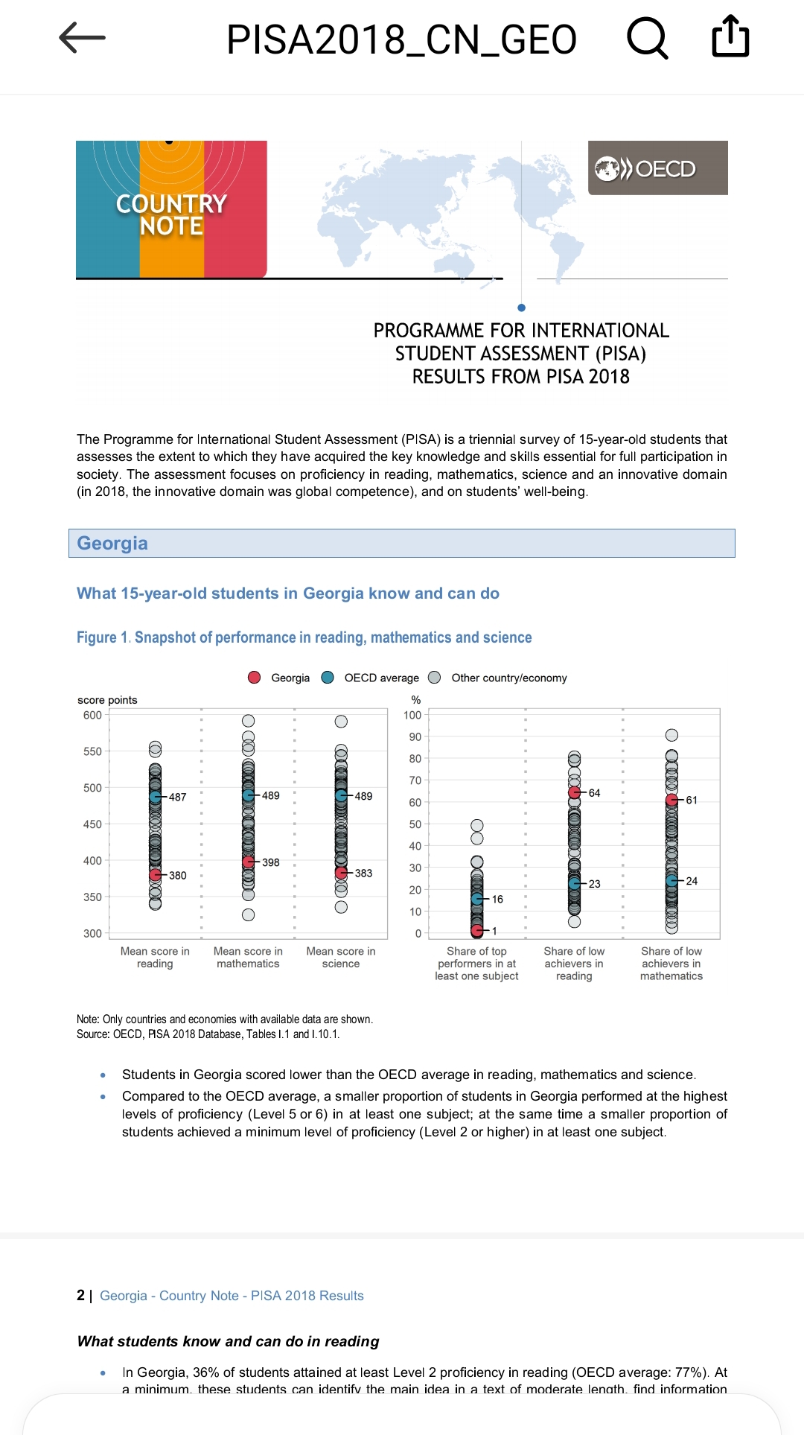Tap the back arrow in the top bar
coord(82,37)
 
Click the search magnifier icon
coord(647,37)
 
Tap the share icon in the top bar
coord(730,36)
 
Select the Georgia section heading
coord(112,543)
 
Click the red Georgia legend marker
coord(255,677)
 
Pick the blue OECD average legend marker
coord(328,677)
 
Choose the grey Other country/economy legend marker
coord(435,677)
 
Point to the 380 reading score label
coord(178,875)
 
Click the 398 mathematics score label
coord(271,862)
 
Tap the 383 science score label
coord(363,873)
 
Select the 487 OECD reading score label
coord(178,797)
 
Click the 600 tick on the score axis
coord(92,715)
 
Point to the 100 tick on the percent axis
coord(412,715)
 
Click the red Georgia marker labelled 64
coord(575,792)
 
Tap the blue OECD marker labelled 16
coord(477,899)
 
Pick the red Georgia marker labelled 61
coord(671,800)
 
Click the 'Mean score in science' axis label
coord(341,957)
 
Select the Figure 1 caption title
coord(304,637)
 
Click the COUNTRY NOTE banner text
coord(171,214)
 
